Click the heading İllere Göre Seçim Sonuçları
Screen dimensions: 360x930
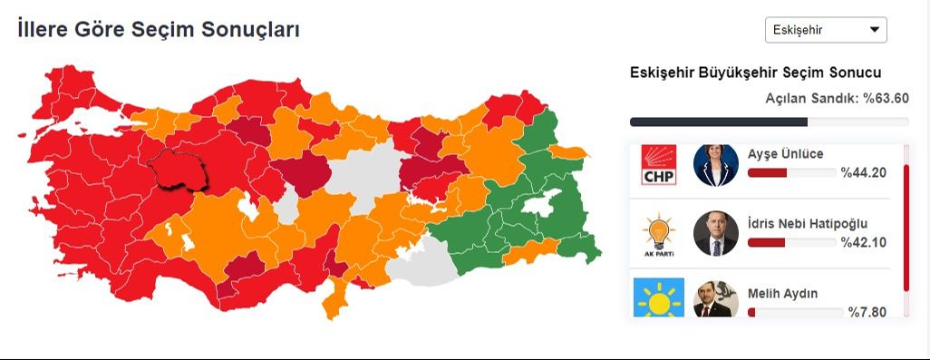tap(159, 30)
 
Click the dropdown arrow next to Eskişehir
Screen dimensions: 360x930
tap(875, 30)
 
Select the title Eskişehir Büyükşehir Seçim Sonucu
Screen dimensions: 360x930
tap(755, 73)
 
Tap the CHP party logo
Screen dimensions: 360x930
tap(659, 164)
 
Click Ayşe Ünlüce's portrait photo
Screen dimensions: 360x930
tap(715, 164)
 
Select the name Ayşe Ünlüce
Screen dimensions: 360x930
tap(786, 153)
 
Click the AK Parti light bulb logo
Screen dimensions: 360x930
tap(659, 233)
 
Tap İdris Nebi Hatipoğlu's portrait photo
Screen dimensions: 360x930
tap(715, 233)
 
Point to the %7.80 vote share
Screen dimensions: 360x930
tap(867, 312)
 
